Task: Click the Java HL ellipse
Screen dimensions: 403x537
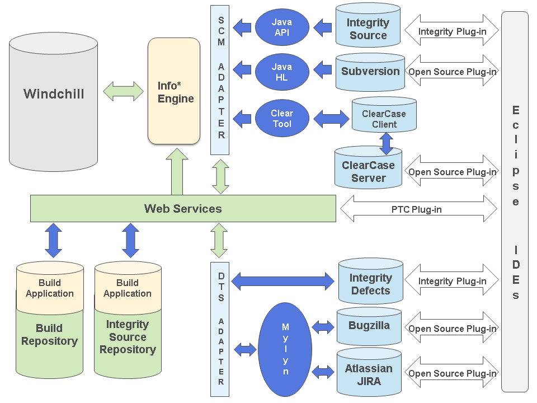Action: [282, 72]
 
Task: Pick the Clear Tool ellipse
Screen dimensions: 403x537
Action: [282, 119]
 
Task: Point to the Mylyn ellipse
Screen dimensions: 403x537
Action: [285, 349]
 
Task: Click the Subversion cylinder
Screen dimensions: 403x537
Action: [370, 72]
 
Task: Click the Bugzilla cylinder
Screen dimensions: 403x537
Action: [369, 326]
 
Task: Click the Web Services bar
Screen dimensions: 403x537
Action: [183, 209]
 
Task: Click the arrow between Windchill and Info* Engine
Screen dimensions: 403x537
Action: [124, 91]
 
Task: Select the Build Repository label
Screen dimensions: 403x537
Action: [49, 335]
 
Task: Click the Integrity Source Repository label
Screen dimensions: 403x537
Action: [128, 337]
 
